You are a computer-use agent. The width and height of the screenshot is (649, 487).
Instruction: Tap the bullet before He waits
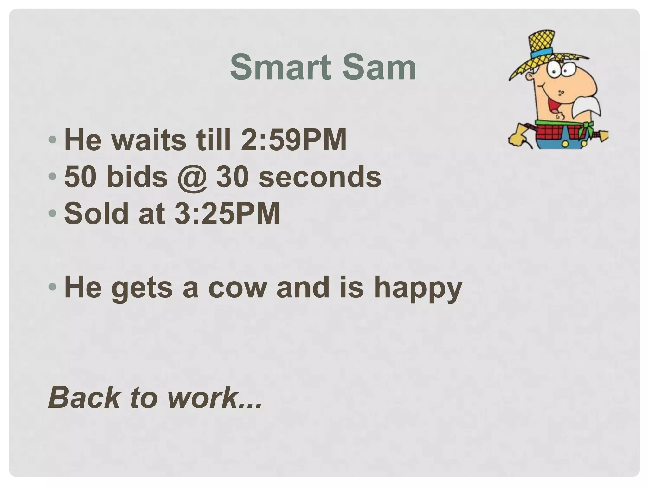point(53,140)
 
